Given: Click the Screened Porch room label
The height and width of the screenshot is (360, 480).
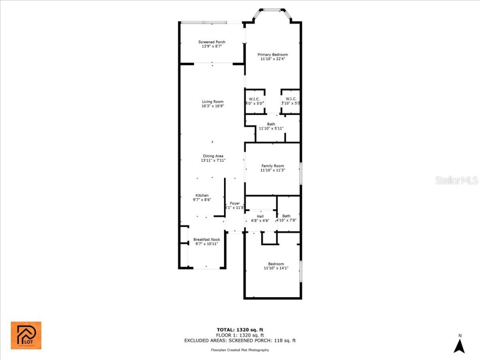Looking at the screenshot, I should (x=212, y=42).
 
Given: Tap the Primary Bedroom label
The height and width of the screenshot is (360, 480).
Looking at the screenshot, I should (x=273, y=55).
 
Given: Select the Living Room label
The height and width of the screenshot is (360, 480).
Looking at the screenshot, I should (x=212, y=102).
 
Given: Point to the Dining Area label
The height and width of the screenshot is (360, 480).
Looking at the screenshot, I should (x=213, y=156).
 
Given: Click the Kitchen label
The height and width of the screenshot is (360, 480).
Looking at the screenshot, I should (x=202, y=195).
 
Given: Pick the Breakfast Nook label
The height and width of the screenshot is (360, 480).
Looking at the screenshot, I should (x=207, y=240).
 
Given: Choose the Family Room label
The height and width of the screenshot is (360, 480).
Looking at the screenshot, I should (x=273, y=166).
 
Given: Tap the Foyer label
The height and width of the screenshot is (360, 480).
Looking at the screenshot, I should (x=235, y=203).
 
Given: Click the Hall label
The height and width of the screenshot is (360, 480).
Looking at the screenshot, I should (x=260, y=216).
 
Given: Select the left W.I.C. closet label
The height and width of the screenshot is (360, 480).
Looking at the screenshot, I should (x=255, y=99).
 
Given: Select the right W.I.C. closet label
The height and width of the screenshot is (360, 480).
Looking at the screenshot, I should (x=291, y=99).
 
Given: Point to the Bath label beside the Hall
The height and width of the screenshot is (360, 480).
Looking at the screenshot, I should (x=286, y=216).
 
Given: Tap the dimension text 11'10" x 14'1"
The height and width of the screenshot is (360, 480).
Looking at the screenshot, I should (x=276, y=268).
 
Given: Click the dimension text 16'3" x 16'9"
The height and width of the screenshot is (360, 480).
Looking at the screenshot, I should (x=212, y=106).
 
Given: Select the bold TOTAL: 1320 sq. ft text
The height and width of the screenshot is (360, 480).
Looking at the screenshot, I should (x=240, y=330).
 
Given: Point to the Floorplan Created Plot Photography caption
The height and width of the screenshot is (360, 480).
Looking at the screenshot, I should (x=240, y=350).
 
